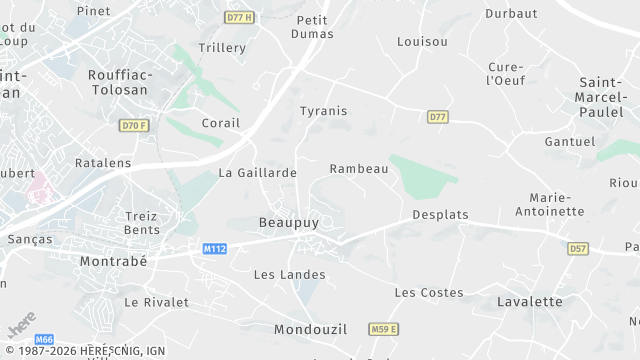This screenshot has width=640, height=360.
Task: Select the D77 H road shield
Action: [238, 18]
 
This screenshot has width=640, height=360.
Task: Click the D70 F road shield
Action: [133, 125]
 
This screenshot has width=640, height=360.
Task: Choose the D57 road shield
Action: [577, 248]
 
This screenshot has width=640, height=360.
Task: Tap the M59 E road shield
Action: [383, 329]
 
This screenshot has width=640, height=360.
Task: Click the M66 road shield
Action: [44, 340]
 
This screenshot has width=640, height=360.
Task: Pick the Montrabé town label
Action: [113, 261]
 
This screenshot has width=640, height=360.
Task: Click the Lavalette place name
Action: [529, 301]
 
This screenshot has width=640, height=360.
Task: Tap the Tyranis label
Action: [324, 111]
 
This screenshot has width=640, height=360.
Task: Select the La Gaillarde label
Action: [257, 173]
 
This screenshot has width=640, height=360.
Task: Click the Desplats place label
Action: [440, 215]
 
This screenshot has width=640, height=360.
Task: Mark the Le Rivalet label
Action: [156, 301]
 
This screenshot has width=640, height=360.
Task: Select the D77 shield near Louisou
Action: [437, 117]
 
